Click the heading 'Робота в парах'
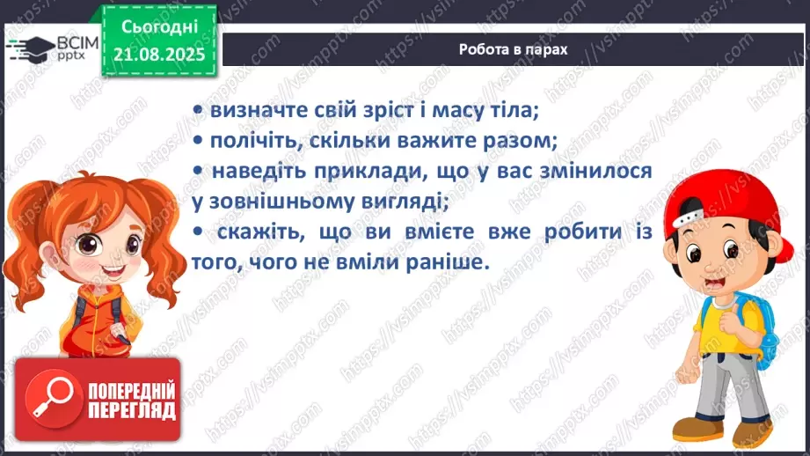[513, 50]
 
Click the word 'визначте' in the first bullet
[251, 111]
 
